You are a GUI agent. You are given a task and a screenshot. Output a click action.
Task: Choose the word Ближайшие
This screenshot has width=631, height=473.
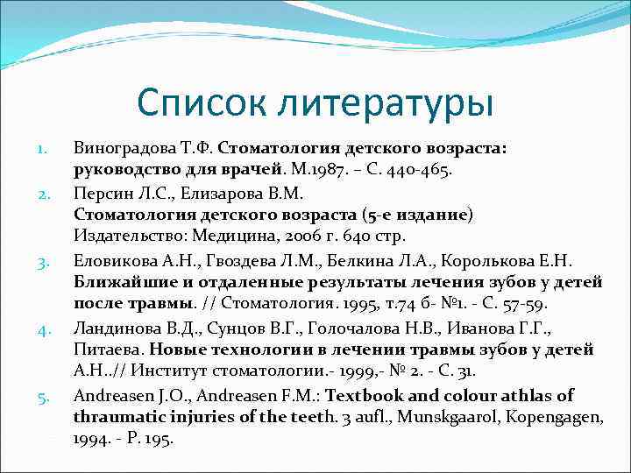tap(117, 283)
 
